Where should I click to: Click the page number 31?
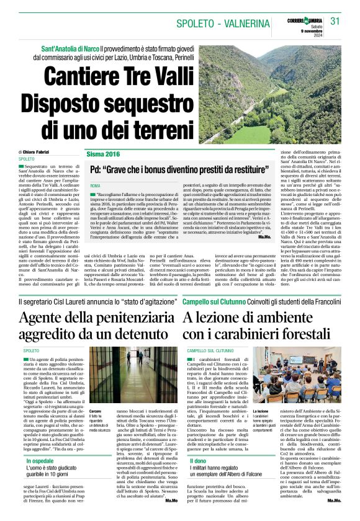336,21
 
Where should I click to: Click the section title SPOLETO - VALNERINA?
218,24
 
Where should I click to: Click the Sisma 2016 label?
104,153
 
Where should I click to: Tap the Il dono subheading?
198,461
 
